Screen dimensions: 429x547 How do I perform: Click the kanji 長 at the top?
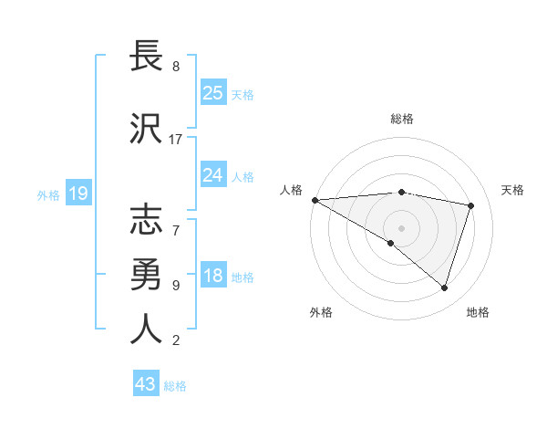pyautogui.click(x=147, y=56)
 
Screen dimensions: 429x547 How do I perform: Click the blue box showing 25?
pyautogui.click(x=212, y=93)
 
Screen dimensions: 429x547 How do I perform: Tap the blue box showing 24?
pyautogui.click(x=212, y=175)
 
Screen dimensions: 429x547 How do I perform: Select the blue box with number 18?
pyautogui.click(x=212, y=277)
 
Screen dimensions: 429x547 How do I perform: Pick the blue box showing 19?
pyautogui.click(x=77, y=194)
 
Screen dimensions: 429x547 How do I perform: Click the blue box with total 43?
pyautogui.click(x=146, y=385)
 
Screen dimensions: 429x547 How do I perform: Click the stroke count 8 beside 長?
pyautogui.click(x=175, y=67)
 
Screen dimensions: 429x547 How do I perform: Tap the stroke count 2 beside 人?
pyautogui.click(x=175, y=340)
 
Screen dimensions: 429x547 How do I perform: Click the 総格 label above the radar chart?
pyautogui.click(x=401, y=119)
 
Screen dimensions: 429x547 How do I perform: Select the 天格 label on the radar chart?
pyautogui.click(x=513, y=190)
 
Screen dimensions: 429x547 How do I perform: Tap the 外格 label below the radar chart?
pyautogui.click(x=321, y=312)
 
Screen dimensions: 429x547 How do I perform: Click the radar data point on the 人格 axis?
pyautogui.click(x=315, y=200)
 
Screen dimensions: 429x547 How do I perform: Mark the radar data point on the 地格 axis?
pyautogui.click(x=444, y=288)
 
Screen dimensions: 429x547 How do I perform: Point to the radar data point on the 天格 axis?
pyautogui.click(x=471, y=205)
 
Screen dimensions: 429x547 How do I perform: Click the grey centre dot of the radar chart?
pyautogui.click(x=401, y=227)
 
